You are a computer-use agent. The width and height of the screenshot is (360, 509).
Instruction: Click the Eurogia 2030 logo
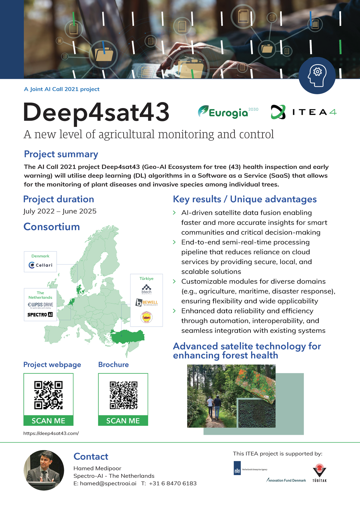coord(227,112)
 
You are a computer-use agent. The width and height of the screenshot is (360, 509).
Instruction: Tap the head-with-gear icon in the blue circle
coord(317,75)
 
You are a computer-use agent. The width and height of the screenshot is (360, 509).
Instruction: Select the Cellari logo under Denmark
coord(40,265)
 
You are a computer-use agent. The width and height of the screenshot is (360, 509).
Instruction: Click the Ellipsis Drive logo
coord(40,305)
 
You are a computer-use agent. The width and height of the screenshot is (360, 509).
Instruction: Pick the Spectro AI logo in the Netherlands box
coord(40,315)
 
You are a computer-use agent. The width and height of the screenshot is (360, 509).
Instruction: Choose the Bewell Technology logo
coord(147,303)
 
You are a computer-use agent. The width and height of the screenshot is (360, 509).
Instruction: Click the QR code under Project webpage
coord(48,395)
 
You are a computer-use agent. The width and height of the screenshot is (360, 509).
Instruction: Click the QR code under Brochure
coord(123,395)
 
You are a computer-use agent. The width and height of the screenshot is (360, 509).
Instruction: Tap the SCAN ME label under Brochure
coord(123,421)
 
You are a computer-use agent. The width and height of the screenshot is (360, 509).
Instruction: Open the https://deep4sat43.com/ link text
coord(51,433)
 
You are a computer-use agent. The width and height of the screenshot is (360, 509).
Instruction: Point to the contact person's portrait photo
coord(44,470)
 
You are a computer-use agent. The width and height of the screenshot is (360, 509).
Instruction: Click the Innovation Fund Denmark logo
coord(286,480)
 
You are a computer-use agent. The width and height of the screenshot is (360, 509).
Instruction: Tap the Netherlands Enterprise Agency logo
coord(250,468)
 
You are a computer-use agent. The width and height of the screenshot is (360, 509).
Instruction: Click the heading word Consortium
coord(52,227)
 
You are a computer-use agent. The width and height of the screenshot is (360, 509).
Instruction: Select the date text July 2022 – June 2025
coord(60,211)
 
